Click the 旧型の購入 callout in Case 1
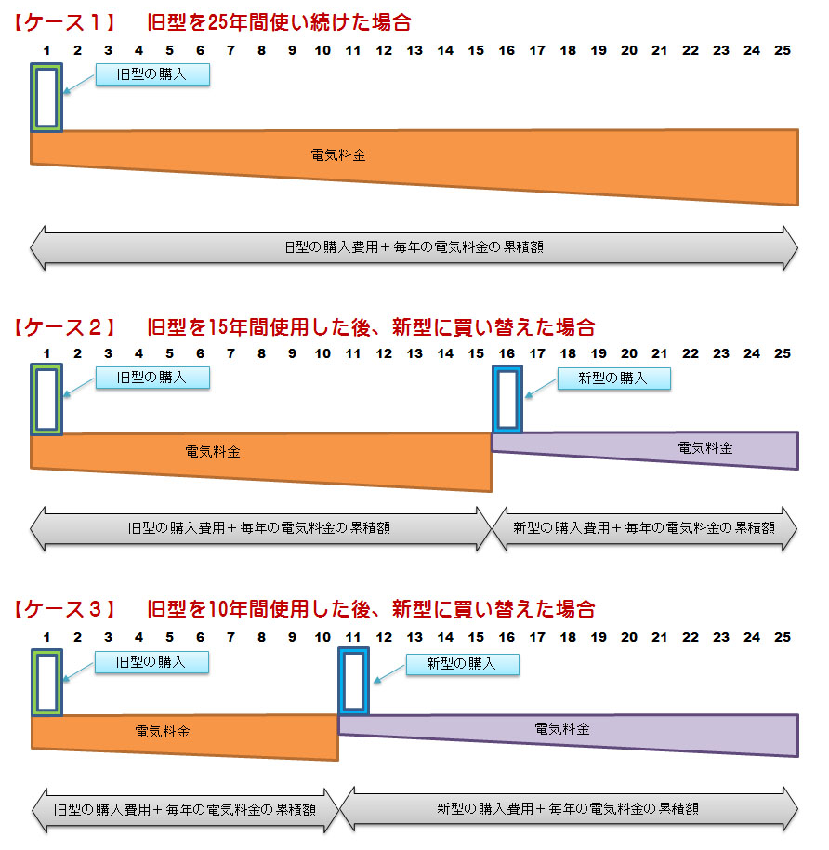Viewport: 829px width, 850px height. tap(152, 74)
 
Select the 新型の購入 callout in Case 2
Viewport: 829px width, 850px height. tap(613, 378)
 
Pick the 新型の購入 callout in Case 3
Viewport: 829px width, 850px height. tap(461, 664)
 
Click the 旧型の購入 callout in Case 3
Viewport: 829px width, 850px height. tap(152, 662)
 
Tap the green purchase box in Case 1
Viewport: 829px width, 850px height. tap(46, 98)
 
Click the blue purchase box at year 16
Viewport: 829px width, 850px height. tap(507, 399)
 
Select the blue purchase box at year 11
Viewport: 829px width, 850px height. tap(354, 683)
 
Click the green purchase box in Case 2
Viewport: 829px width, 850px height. tap(46, 400)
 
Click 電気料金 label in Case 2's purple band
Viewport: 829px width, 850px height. tap(705, 448)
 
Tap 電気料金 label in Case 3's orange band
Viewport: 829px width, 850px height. tap(163, 732)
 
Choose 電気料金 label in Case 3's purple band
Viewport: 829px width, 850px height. tap(562, 729)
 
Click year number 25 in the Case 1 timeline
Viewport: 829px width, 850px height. tap(783, 50)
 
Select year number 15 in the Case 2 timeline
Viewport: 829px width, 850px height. tap(476, 353)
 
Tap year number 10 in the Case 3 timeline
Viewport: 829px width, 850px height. tap(322, 637)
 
